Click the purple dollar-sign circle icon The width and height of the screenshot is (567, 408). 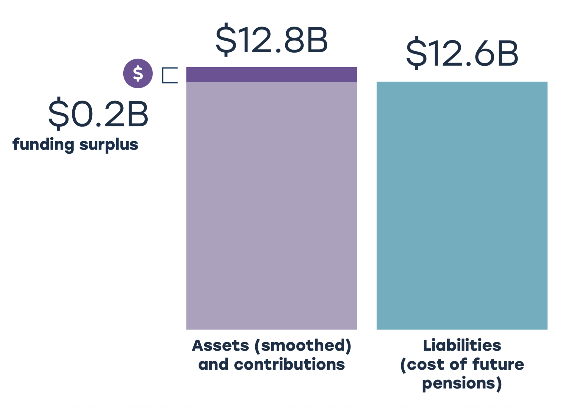tap(138, 73)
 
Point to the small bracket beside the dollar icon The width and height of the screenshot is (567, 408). tap(169, 75)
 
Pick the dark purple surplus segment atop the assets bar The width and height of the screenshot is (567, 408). tap(272, 74)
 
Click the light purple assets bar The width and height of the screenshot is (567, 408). tap(272, 205)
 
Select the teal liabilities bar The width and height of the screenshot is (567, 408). tap(462, 205)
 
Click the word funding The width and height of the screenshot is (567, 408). tap(43, 145)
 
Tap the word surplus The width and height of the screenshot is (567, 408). tap(109, 145)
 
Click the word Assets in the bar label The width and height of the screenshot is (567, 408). tap(220, 346)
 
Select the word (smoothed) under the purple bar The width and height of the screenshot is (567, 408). tap(303, 346)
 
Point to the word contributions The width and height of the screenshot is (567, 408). tap(289, 365)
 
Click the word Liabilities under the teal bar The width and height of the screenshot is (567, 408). tap(462, 346)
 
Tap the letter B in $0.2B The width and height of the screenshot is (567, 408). tap(137, 114)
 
